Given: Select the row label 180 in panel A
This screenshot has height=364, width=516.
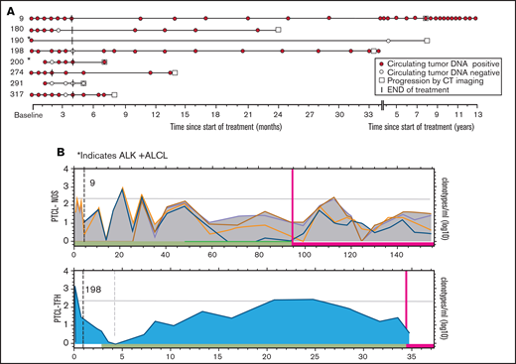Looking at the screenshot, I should (x=17, y=30).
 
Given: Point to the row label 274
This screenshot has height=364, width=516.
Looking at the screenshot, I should (x=17, y=72).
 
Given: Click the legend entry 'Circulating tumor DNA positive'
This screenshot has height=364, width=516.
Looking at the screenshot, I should (x=433, y=62).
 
